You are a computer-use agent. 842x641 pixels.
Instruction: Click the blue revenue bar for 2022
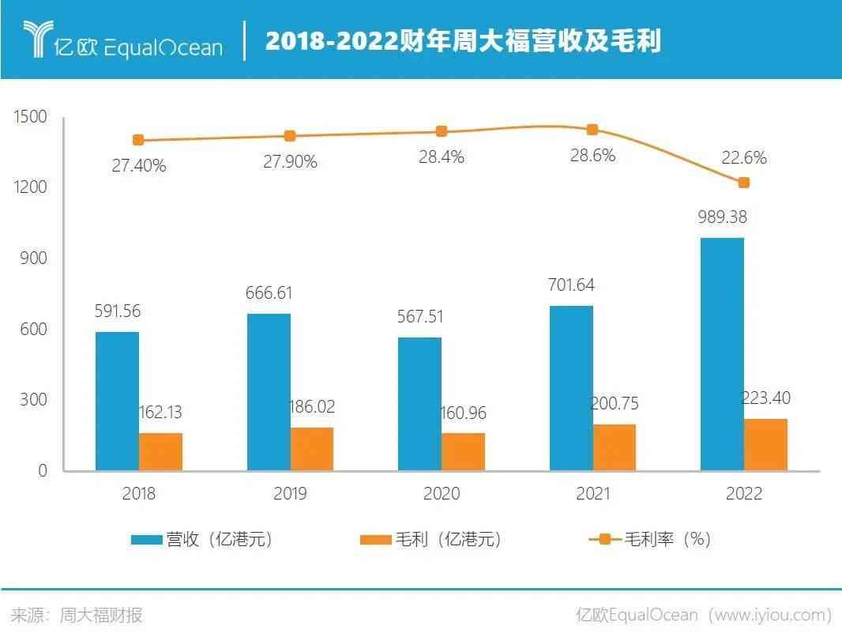[x=722, y=354]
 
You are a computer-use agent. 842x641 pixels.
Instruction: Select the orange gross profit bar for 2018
[x=160, y=451]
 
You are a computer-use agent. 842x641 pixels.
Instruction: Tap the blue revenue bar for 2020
[x=419, y=404]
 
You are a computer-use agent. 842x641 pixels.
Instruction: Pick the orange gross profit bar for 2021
[x=614, y=447]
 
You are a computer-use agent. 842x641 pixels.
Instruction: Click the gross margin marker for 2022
[x=743, y=183]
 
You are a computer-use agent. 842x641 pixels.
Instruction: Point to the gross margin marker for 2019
[x=290, y=136]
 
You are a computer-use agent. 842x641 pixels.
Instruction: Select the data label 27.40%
[x=138, y=166]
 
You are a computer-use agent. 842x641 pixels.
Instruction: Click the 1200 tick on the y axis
[x=31, y=187]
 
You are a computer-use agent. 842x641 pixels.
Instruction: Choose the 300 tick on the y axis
[x=33, y=400]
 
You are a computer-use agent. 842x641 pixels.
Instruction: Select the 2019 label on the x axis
[x=290, y=494]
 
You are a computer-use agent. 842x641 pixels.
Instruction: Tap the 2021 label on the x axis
[x=592, y=494]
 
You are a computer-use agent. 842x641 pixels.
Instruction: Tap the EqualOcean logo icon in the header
[x=36, y=39]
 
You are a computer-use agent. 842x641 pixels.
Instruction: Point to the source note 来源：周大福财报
[x=77, y=615]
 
